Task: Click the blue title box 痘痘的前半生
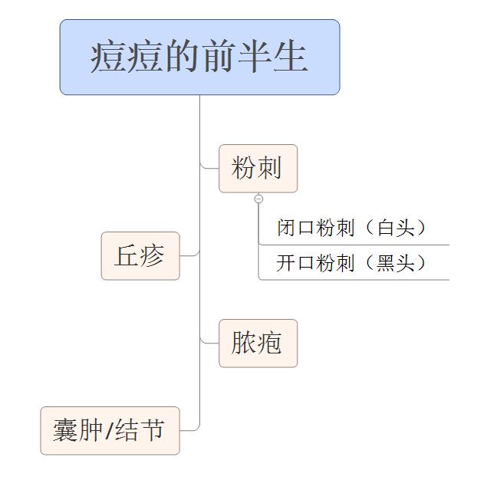pos(199,58)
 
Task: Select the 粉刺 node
pos(258,168)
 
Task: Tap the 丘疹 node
pos(140,256)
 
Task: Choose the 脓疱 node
pos(258,344)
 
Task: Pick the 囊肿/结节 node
pos(110,431)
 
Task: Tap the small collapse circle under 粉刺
pos(258,199)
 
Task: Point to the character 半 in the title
pos(255,58)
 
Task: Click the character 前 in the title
pos(218,58)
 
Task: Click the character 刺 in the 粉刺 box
pos(269,168)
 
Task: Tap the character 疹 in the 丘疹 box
pos(152,256)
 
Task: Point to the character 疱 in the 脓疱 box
pos(269,344)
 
